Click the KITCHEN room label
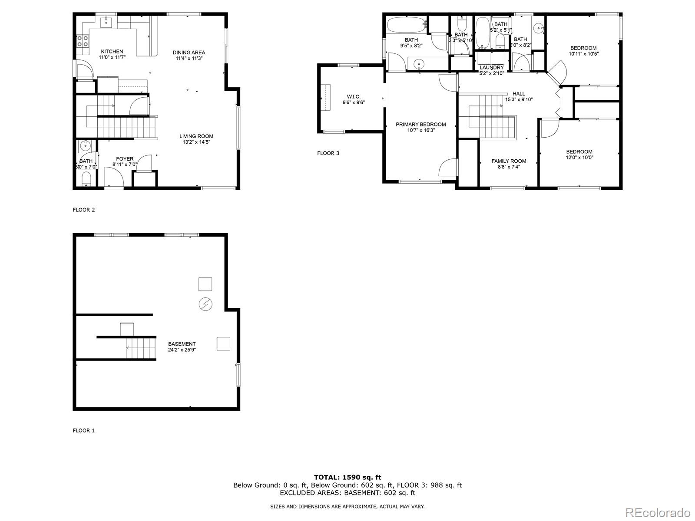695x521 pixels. coord(112,51)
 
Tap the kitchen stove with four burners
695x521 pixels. coord(83,41)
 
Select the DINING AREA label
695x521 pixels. coord(189,53)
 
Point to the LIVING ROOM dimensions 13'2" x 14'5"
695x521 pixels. coord(196,142)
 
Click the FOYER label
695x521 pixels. coord(125,159)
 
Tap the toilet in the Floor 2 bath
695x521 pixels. coord(86,178)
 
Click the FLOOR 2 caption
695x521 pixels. coord(83,210)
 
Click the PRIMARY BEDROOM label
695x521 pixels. coord(420,124)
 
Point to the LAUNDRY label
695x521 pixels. coord(491,68)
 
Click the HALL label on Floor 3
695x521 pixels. coord(519,93)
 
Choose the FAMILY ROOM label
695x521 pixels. coord(509,161)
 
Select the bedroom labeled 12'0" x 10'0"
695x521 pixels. coord(579,155)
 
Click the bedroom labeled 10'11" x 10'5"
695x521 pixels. coord(583,51)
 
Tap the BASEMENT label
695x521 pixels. coord(182,344)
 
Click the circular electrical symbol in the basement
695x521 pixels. coord(205,304)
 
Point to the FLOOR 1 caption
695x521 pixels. coord(83,431)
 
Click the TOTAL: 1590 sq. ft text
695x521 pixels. coord(347,477)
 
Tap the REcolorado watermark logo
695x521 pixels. coord(660,512)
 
